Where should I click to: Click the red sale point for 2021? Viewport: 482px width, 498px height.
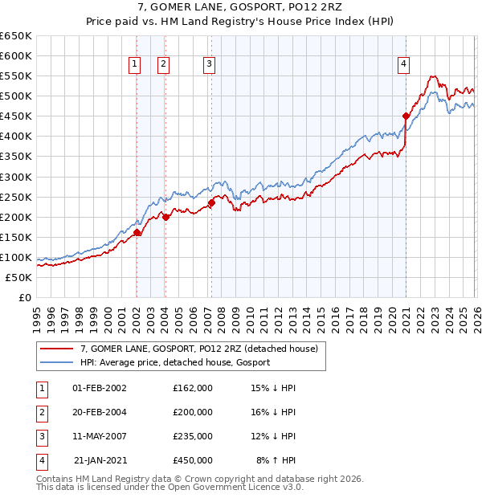point(406,116)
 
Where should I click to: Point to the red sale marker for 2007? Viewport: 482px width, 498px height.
point(211,202)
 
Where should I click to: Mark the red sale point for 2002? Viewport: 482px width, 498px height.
point(137,232)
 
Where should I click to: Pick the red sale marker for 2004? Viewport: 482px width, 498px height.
point(165,217)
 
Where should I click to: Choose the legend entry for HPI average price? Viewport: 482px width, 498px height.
point(175,362)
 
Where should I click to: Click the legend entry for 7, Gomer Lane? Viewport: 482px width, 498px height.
point(199,349)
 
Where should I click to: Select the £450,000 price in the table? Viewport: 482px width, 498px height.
point(193,460)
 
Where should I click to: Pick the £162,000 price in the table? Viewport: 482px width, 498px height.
point(193,388)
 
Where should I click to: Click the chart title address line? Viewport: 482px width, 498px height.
point(241,10)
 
